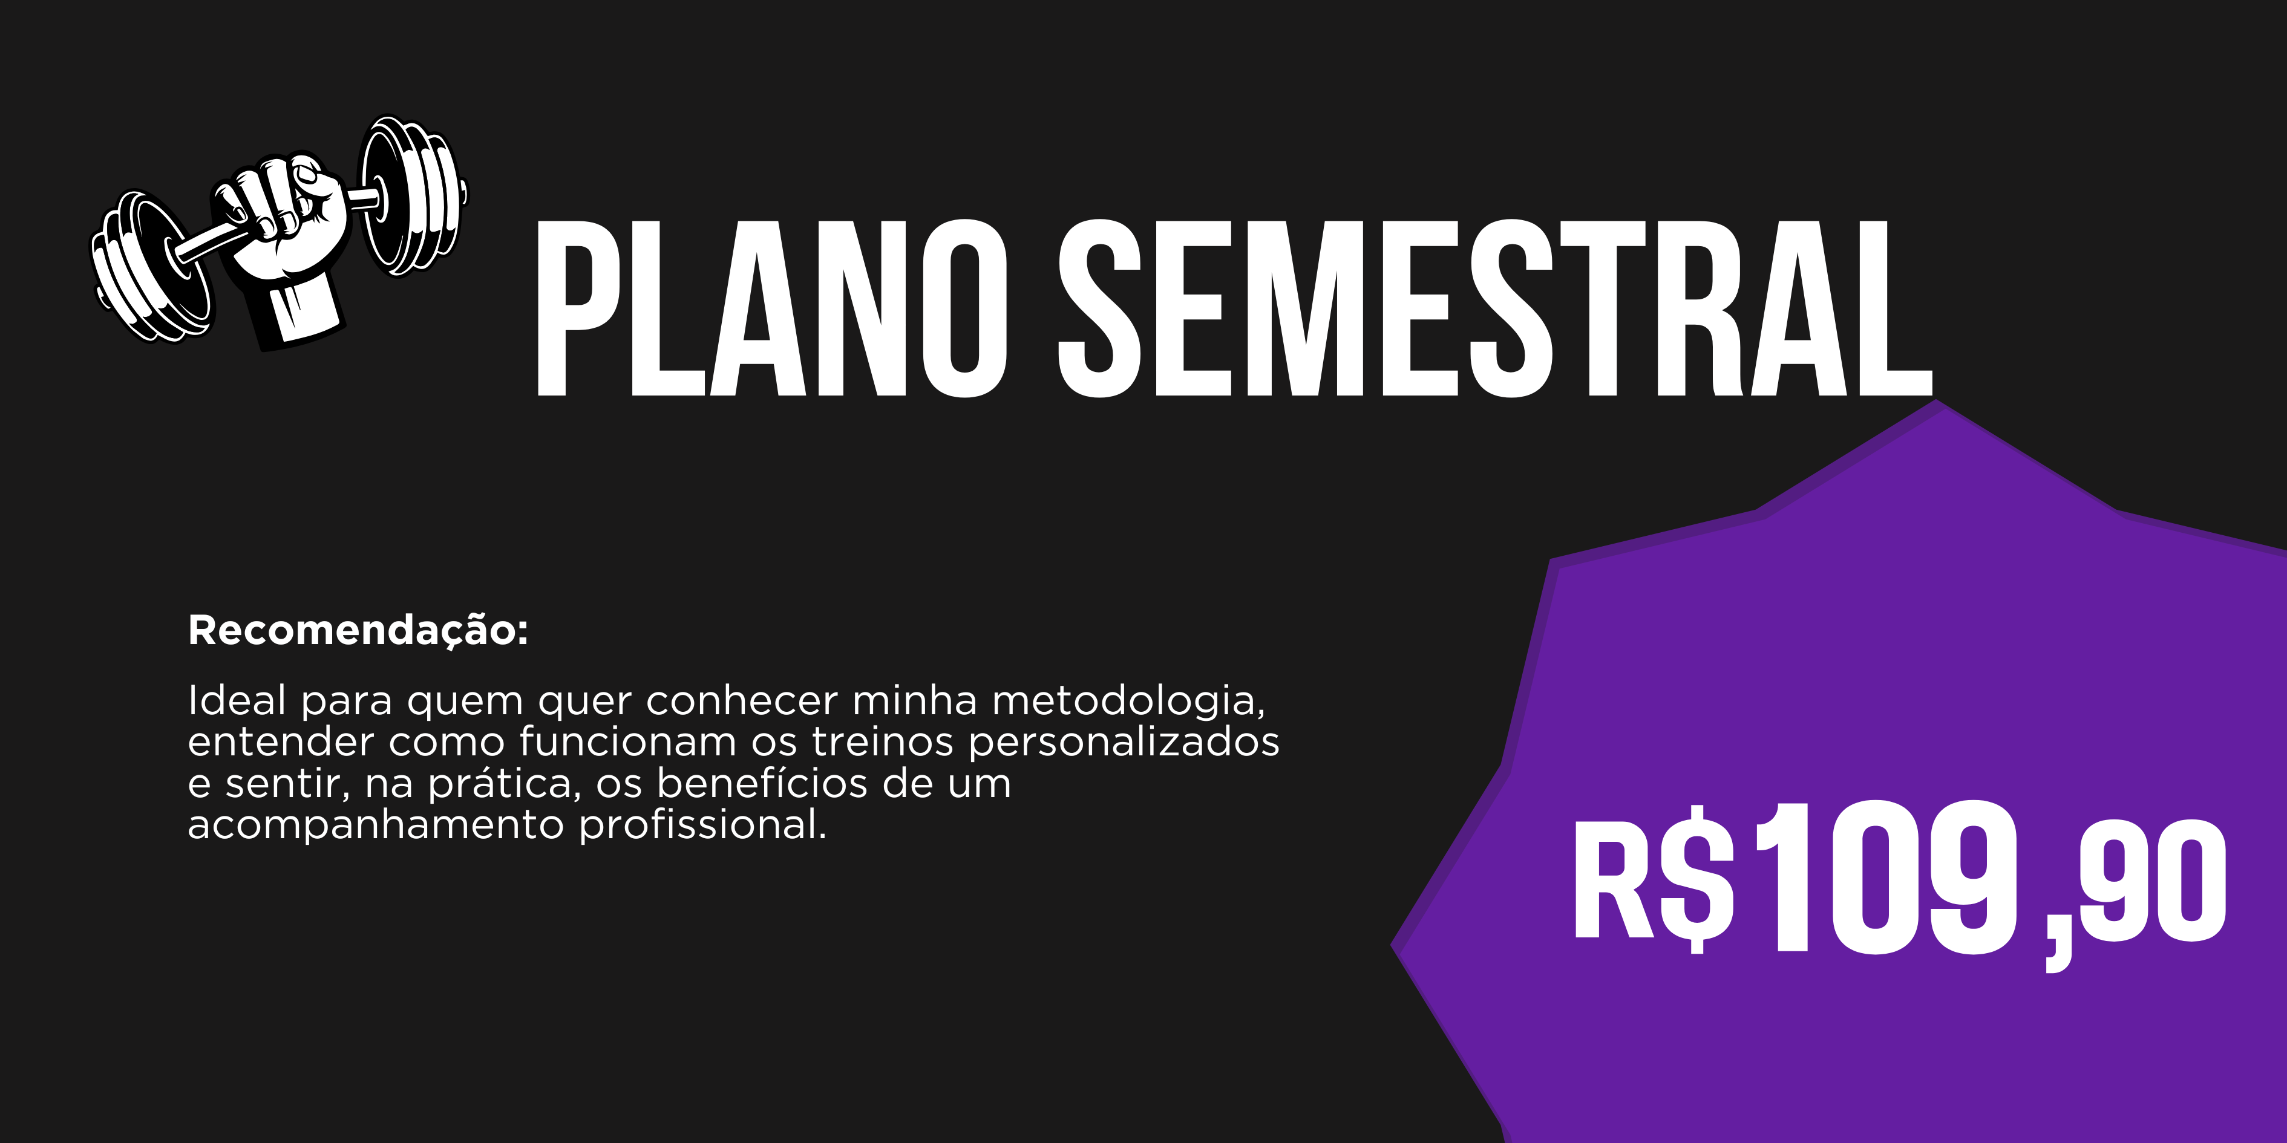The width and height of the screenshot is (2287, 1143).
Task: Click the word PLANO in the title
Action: click(x=771, y=308)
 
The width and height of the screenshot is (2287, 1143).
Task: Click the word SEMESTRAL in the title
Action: click(x=1495, y=308)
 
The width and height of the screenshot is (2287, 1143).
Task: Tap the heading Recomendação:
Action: click(x=358, y=631)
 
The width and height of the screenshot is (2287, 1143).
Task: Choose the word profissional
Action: click(x=703, y=824)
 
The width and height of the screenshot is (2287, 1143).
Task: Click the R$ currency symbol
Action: click(x=1653, y=879)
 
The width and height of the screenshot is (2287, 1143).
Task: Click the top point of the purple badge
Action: click(x=1936, y=401)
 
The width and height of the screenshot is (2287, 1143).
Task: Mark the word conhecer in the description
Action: click(x=741, y=701)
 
